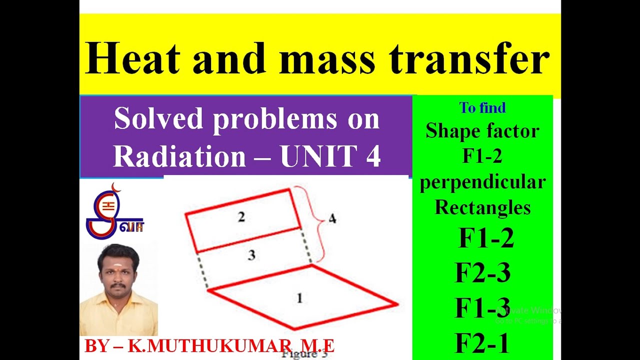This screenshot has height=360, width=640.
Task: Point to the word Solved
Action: (159, 119)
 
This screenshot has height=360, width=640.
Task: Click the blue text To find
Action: (482, 107)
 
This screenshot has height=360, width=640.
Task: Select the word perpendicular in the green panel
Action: (482, 181)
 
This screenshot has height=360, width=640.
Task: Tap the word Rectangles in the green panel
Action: (482, 206)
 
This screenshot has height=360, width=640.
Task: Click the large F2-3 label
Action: (482, 273)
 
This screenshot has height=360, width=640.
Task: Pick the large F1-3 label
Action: (482, 307)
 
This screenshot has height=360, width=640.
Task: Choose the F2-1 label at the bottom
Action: (482, 343)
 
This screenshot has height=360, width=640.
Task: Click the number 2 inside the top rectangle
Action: (241, 217)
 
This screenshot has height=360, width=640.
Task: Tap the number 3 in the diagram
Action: (251, 255)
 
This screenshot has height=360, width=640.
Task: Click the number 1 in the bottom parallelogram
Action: (299, 298)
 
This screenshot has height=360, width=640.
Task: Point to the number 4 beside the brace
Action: (332, 218)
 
